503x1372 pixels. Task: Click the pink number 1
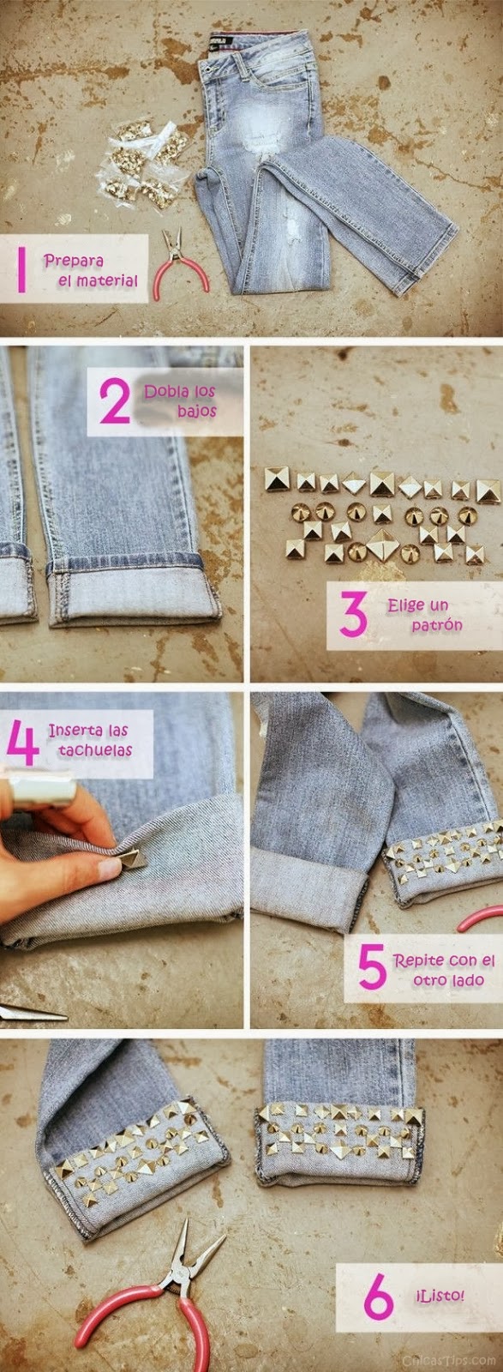22,269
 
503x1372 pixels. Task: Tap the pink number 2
114,401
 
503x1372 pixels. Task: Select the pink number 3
352,614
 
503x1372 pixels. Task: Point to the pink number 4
22,741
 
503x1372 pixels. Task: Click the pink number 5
372,969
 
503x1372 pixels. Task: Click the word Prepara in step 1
73,260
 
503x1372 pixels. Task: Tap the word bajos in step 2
197,411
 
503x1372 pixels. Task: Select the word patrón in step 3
436,625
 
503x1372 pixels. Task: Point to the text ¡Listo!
440,1295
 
